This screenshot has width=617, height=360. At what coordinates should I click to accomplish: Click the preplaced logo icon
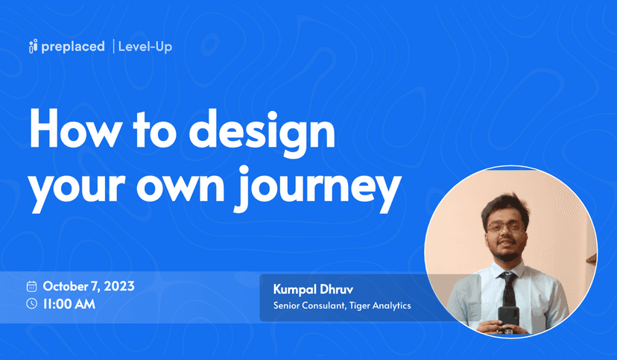33,46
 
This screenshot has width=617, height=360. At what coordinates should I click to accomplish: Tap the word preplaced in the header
73,47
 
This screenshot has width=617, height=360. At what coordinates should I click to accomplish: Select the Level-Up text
145,47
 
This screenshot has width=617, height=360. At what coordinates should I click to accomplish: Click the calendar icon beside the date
31,286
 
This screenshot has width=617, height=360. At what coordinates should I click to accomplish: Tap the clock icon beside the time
31,303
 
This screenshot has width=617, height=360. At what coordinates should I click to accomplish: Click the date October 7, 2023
89,286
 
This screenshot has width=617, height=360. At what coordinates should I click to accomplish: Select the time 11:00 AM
69,304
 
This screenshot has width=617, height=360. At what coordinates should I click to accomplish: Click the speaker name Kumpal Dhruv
313,290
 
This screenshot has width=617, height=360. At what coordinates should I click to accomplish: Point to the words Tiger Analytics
380,306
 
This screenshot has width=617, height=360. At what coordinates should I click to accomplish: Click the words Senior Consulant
310,306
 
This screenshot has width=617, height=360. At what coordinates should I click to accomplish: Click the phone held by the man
508,318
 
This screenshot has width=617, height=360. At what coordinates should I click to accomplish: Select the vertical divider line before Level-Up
114,46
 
